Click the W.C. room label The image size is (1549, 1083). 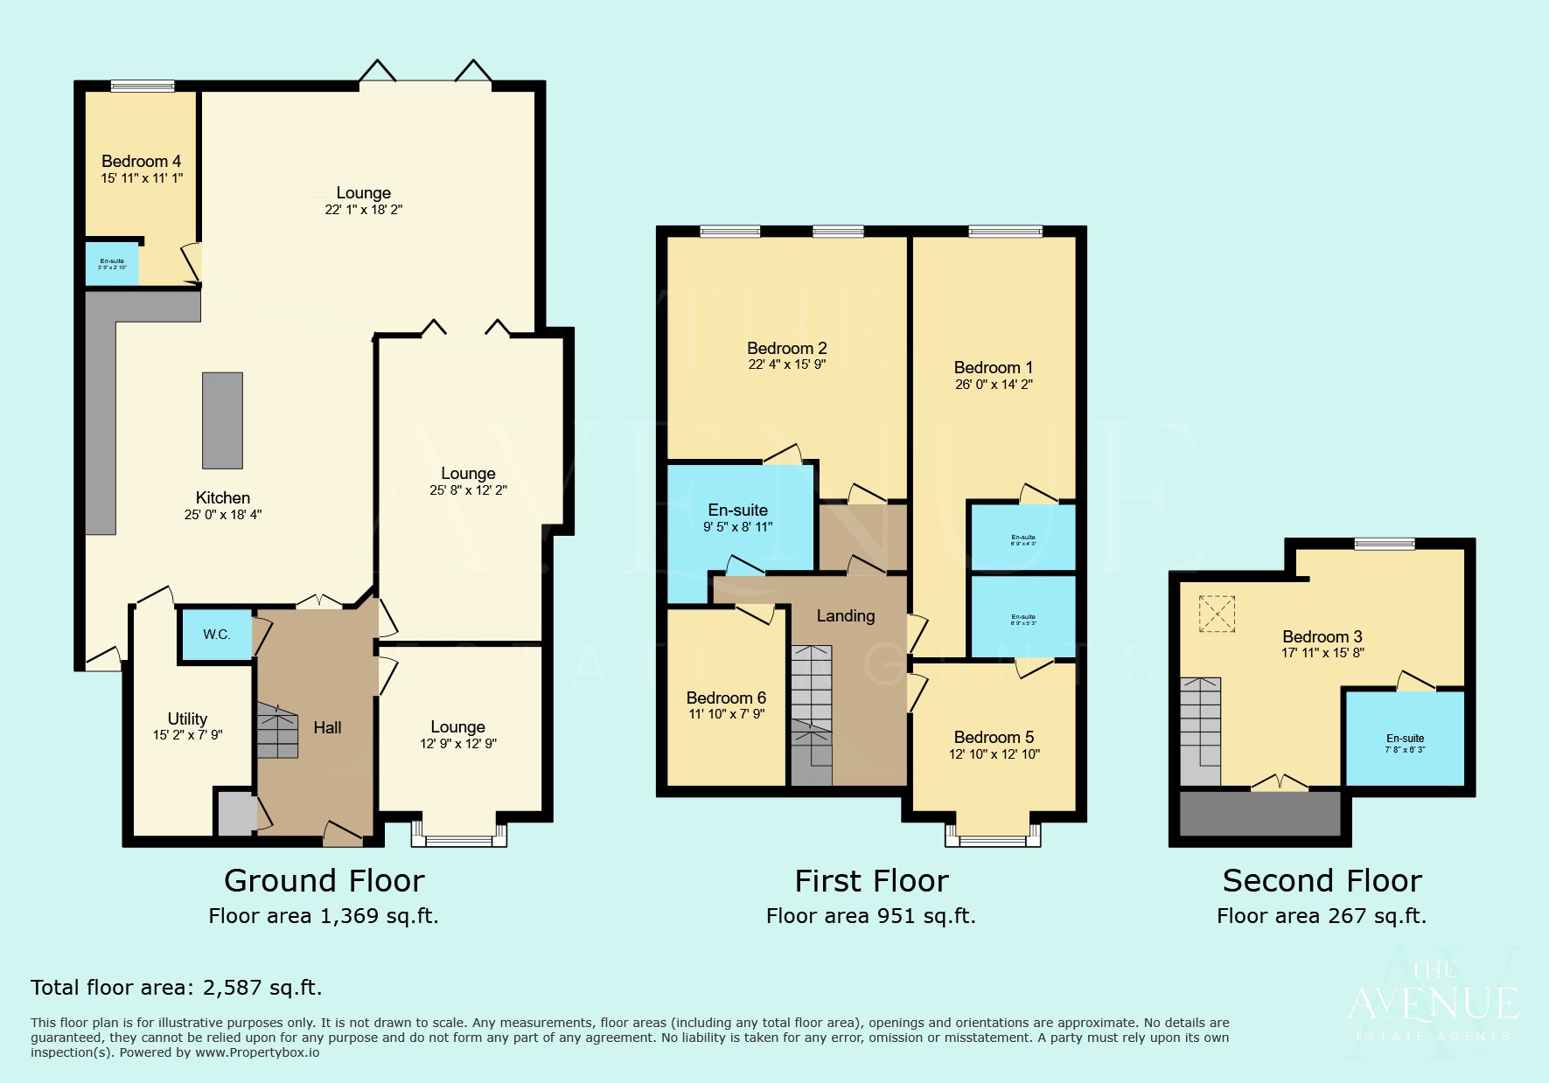[x=216, y=635]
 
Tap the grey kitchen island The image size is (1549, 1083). [x=222, y=420]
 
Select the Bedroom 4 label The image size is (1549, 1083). [x=141, y=162]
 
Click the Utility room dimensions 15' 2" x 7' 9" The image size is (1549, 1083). [x=187, y=735]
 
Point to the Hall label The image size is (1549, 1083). [x=327, y=727]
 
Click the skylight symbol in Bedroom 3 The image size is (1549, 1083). [x=1217, y=614]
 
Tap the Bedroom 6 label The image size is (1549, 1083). [x=726, y=698]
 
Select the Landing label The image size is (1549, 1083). [x=845, y=616]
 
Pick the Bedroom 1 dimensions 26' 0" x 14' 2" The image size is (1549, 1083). [x=994, y=384]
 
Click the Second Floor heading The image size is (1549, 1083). [x=1322, y=881]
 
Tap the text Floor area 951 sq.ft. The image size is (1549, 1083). [x=870, y=916]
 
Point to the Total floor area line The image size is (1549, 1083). [x=177, y=988]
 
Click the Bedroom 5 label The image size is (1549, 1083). [x=994, y=737]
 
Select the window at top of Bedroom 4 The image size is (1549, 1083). [x=143, y=86]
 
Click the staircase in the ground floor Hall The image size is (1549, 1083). [x=277, y=731]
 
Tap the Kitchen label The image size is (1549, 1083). [x=222, y=497]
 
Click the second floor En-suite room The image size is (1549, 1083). [x=1404, y=739]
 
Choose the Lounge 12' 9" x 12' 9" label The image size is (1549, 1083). [x=457, y=727]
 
